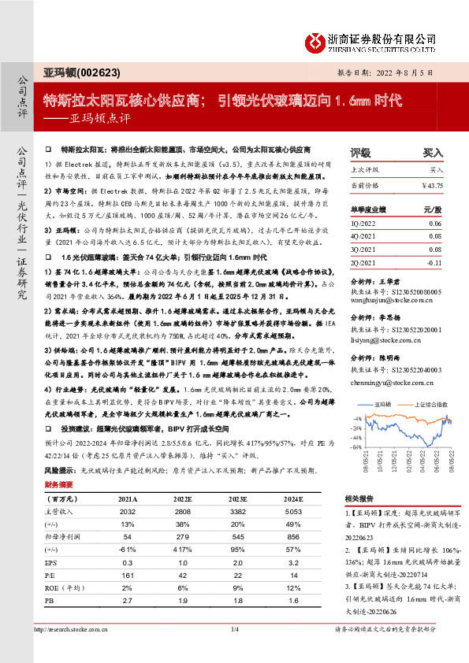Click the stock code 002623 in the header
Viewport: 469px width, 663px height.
102,72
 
